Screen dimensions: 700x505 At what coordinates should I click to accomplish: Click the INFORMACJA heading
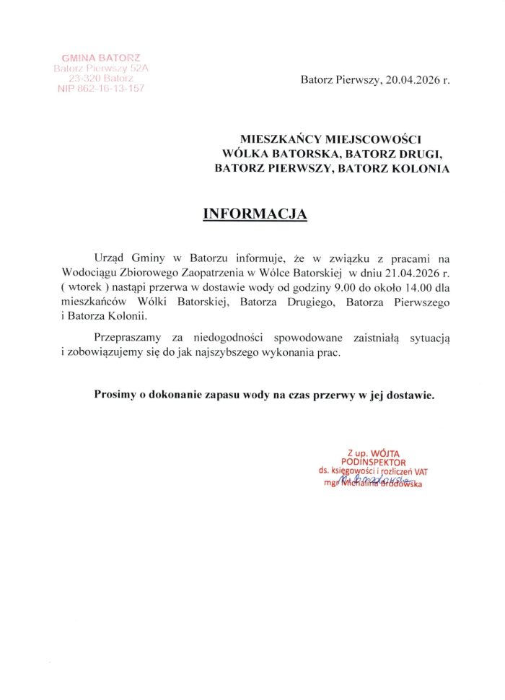[255, 214]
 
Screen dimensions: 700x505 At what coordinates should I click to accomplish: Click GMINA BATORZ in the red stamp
[101, 57]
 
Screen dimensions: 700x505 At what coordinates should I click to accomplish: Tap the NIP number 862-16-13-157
[101, 88]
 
